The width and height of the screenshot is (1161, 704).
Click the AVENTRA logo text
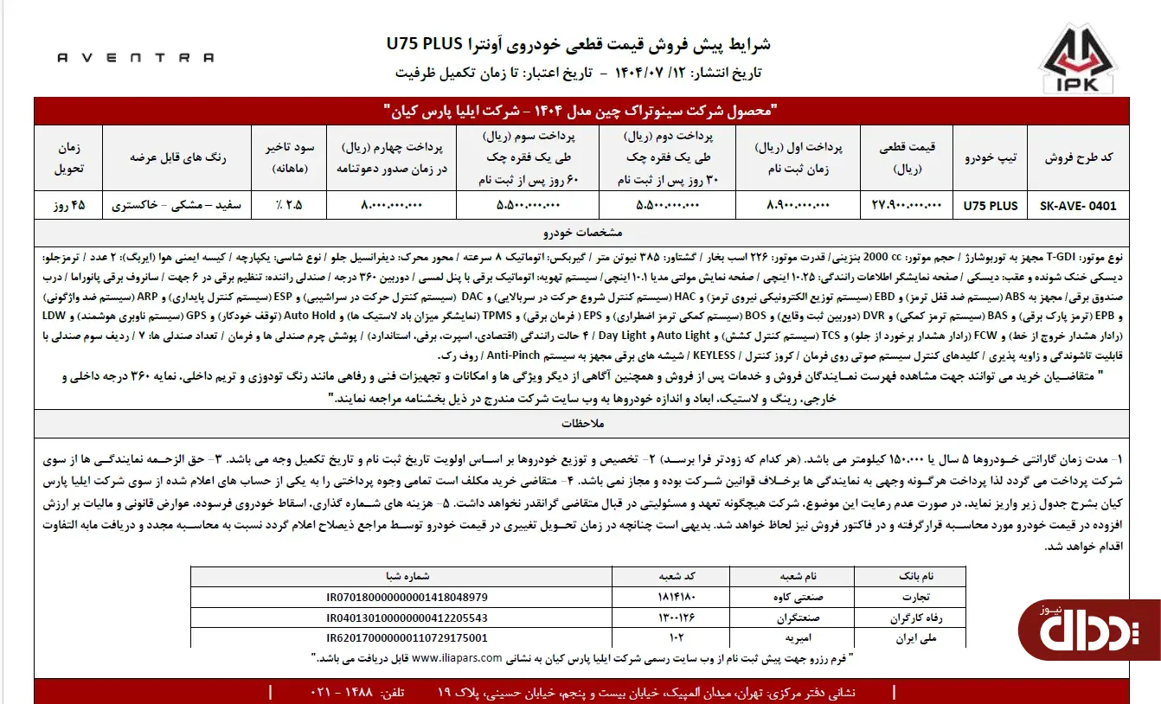[136, 58]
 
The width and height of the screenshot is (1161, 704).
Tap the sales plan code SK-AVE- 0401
[1077, 206]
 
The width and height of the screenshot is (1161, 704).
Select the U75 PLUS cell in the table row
[991, 206]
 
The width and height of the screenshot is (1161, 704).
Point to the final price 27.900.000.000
[902, 206]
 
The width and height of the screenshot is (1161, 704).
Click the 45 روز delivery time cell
[69, 206]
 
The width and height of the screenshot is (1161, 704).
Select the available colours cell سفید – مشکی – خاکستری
[177, 206]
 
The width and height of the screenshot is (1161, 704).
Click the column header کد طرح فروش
[1079, 157]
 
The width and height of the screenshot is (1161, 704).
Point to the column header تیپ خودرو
[991, 157]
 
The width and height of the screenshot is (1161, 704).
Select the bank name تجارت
[918, 597]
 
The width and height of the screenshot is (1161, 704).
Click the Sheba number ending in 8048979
[407, 597]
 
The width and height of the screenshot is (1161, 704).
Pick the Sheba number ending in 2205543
[407, 618]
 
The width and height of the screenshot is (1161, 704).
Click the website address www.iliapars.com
[457, 657]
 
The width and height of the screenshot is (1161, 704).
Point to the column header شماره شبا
[407, 575]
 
